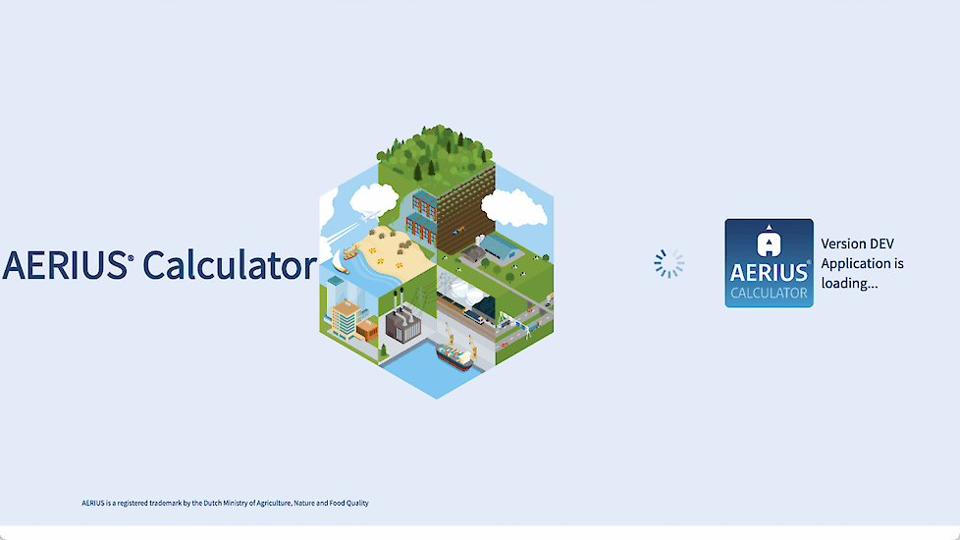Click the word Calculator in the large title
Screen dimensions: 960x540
[x=230, y=265]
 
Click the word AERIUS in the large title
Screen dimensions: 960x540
[x=66, y=265]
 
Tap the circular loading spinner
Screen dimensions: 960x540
[x=668, y=264]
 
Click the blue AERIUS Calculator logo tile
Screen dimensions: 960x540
[x=769, y=263]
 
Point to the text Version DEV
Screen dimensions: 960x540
[x=857, y=243]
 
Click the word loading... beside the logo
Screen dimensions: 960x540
[x=849, y=283]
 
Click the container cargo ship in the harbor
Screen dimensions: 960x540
[x=454, y=356]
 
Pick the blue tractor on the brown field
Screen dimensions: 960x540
[x=458, y=231]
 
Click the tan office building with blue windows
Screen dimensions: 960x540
[x=346, y=318]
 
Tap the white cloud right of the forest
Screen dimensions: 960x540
[x=514, y=208]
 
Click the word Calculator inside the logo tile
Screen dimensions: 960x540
[x=769, y=293]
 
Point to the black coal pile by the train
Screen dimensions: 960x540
[x=484, y=305]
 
